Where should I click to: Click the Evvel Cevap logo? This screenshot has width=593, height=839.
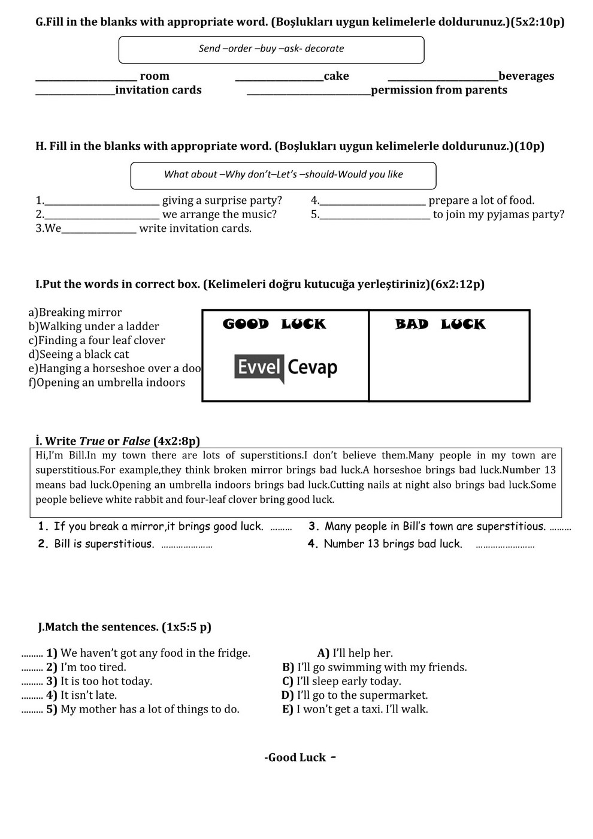click(x=286, y=368)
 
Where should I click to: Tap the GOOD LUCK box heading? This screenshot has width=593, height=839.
click(x=274, y=324)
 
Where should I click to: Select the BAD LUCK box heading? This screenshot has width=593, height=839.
click(x=440, y=324)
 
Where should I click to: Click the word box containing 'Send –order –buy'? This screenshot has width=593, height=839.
click(x=271, y=49)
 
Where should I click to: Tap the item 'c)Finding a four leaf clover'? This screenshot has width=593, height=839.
click(x=96, y=340)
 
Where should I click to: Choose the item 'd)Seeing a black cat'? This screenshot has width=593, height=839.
click(x=78, y=354)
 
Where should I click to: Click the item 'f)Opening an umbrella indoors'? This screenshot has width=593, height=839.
click(x=107, y=382)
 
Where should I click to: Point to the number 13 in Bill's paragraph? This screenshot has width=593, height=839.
click(x=550, y=470)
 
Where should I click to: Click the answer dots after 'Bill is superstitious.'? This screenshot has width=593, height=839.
click(x=186, y=545)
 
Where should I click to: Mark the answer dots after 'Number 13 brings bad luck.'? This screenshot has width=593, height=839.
click(x=505, y=545)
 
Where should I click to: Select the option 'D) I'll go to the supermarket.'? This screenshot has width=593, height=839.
click(x=355, y=695)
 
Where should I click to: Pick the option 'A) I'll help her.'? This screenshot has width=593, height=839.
click(x=355, y=653)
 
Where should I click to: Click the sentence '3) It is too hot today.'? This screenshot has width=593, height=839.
click(x=99, y=681)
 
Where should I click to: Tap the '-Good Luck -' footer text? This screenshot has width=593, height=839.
click(x=299, y=757)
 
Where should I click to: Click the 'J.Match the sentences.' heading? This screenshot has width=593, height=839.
click(x=125, y=627)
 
